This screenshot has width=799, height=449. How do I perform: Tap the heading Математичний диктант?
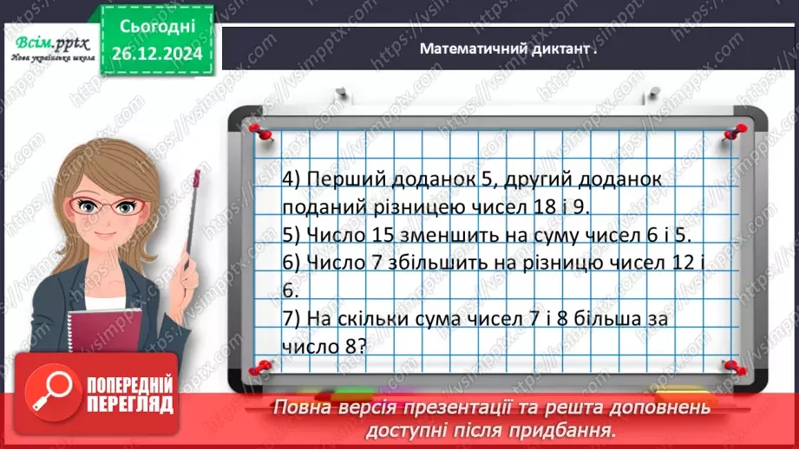(508, 49)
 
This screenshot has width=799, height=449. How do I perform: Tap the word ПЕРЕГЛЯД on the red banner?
(130, 404)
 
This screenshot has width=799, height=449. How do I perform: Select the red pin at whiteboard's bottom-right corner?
(730, 367)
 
